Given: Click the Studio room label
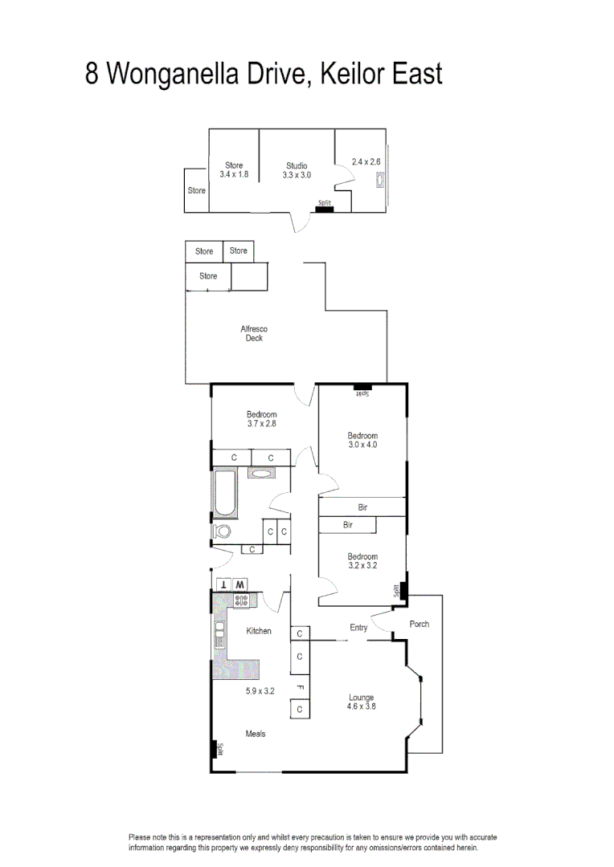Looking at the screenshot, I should coord(297,165).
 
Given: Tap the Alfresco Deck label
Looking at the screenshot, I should coord(253,333).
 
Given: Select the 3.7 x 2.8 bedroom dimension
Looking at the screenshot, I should coord(261,423).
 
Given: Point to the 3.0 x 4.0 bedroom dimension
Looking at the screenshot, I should coord(362,444).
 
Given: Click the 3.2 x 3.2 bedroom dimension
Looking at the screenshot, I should coord(362,565).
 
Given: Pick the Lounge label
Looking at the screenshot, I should coord(361,698).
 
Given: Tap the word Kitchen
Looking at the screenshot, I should coord(259,631).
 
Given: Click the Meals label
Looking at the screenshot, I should coord(256,734).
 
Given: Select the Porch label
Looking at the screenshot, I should coord(420,624).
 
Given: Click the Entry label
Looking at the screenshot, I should coord(358,628).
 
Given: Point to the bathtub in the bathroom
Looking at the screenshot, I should coord(224,494).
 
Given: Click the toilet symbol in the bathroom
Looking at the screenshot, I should coord(222,531).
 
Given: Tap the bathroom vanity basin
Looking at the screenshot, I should coord(261,474).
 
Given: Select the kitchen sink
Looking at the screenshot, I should coord(219,633).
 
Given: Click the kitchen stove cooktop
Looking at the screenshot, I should coord(241,600).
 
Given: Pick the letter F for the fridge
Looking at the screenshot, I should coord(299,687).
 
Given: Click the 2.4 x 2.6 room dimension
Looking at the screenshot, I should coord(366,161).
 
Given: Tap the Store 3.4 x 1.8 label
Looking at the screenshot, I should coord(234,169).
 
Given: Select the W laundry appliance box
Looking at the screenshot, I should coord(240,584).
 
